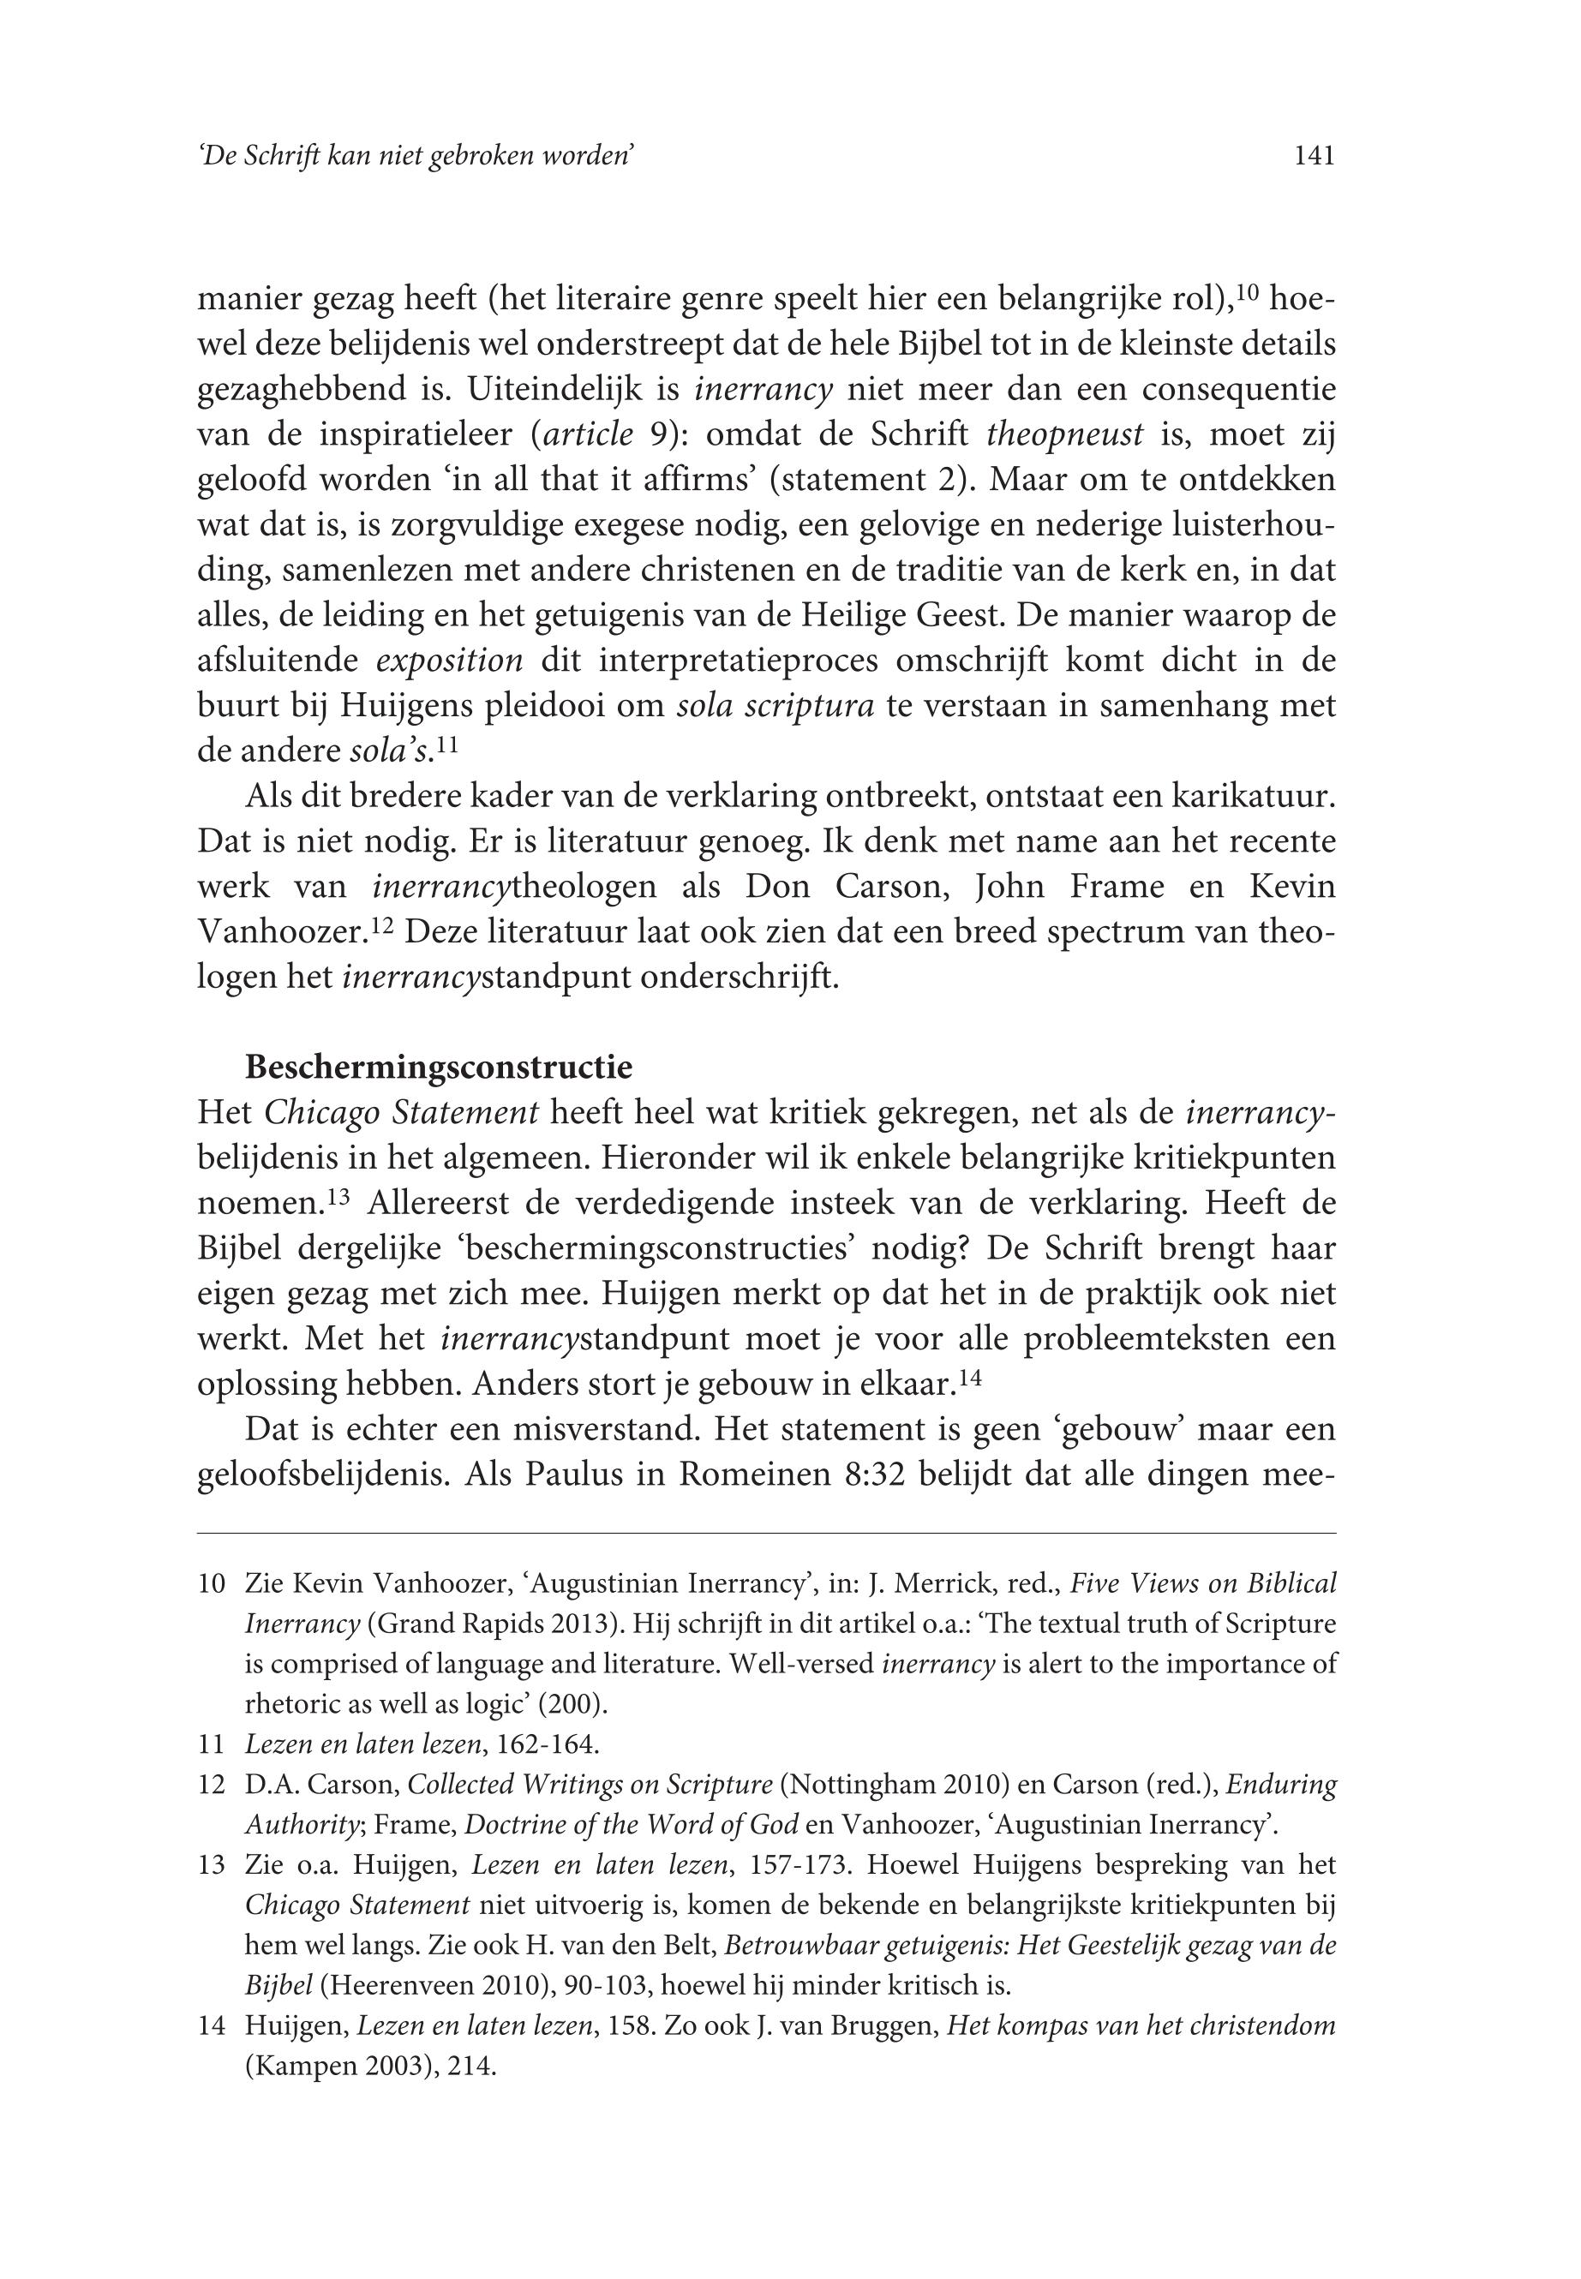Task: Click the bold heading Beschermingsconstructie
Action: pos(439,1068)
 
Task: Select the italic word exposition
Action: pos(450,660)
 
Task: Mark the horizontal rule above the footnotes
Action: pos(766,1534)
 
